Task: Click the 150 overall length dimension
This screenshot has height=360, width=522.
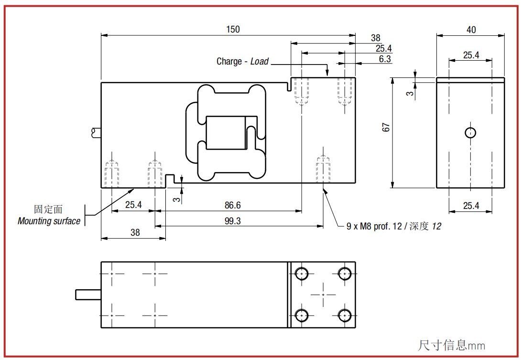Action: coord(233,29)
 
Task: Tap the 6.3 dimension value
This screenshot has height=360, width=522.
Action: coord(384,59)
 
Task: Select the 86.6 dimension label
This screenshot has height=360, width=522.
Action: coord(232,205)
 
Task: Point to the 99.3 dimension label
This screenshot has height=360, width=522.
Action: coord(232,221)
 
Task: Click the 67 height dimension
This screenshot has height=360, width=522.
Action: coord(386,127)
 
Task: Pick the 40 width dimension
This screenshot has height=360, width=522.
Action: coord(471,30)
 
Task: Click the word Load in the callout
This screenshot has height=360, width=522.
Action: coord(260,61)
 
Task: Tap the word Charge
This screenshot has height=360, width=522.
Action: coord(229,61)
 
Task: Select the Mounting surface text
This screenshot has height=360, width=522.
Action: coord(49,221)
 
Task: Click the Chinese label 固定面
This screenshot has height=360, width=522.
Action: coord(48,209)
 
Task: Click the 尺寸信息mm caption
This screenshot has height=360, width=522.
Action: coord(451,345)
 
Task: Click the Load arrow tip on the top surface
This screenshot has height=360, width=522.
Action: coord(327,76)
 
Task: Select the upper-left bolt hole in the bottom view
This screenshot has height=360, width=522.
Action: coord(302,274)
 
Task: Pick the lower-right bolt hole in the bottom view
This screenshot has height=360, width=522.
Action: coord(345,315)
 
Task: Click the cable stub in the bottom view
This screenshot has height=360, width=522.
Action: coord(88,295)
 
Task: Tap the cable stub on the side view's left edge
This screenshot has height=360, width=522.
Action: coord(96,132)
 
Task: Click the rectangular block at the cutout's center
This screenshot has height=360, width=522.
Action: coord(226,133)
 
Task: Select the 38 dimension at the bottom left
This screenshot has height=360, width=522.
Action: coord(135,232)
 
